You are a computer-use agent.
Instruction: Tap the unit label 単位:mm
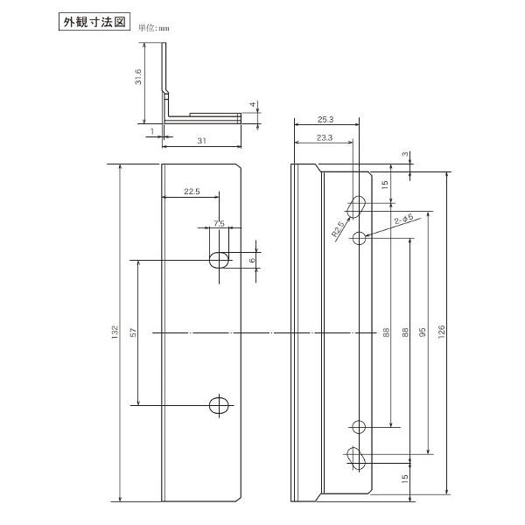152,27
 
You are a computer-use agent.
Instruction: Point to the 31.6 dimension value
138,80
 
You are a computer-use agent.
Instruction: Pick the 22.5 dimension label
192,191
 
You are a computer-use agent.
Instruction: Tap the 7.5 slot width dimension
219,224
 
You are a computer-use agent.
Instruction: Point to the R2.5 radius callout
338,230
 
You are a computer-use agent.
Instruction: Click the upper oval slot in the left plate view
219,259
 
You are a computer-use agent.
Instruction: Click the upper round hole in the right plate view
359,238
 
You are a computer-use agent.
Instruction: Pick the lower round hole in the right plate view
359,427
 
